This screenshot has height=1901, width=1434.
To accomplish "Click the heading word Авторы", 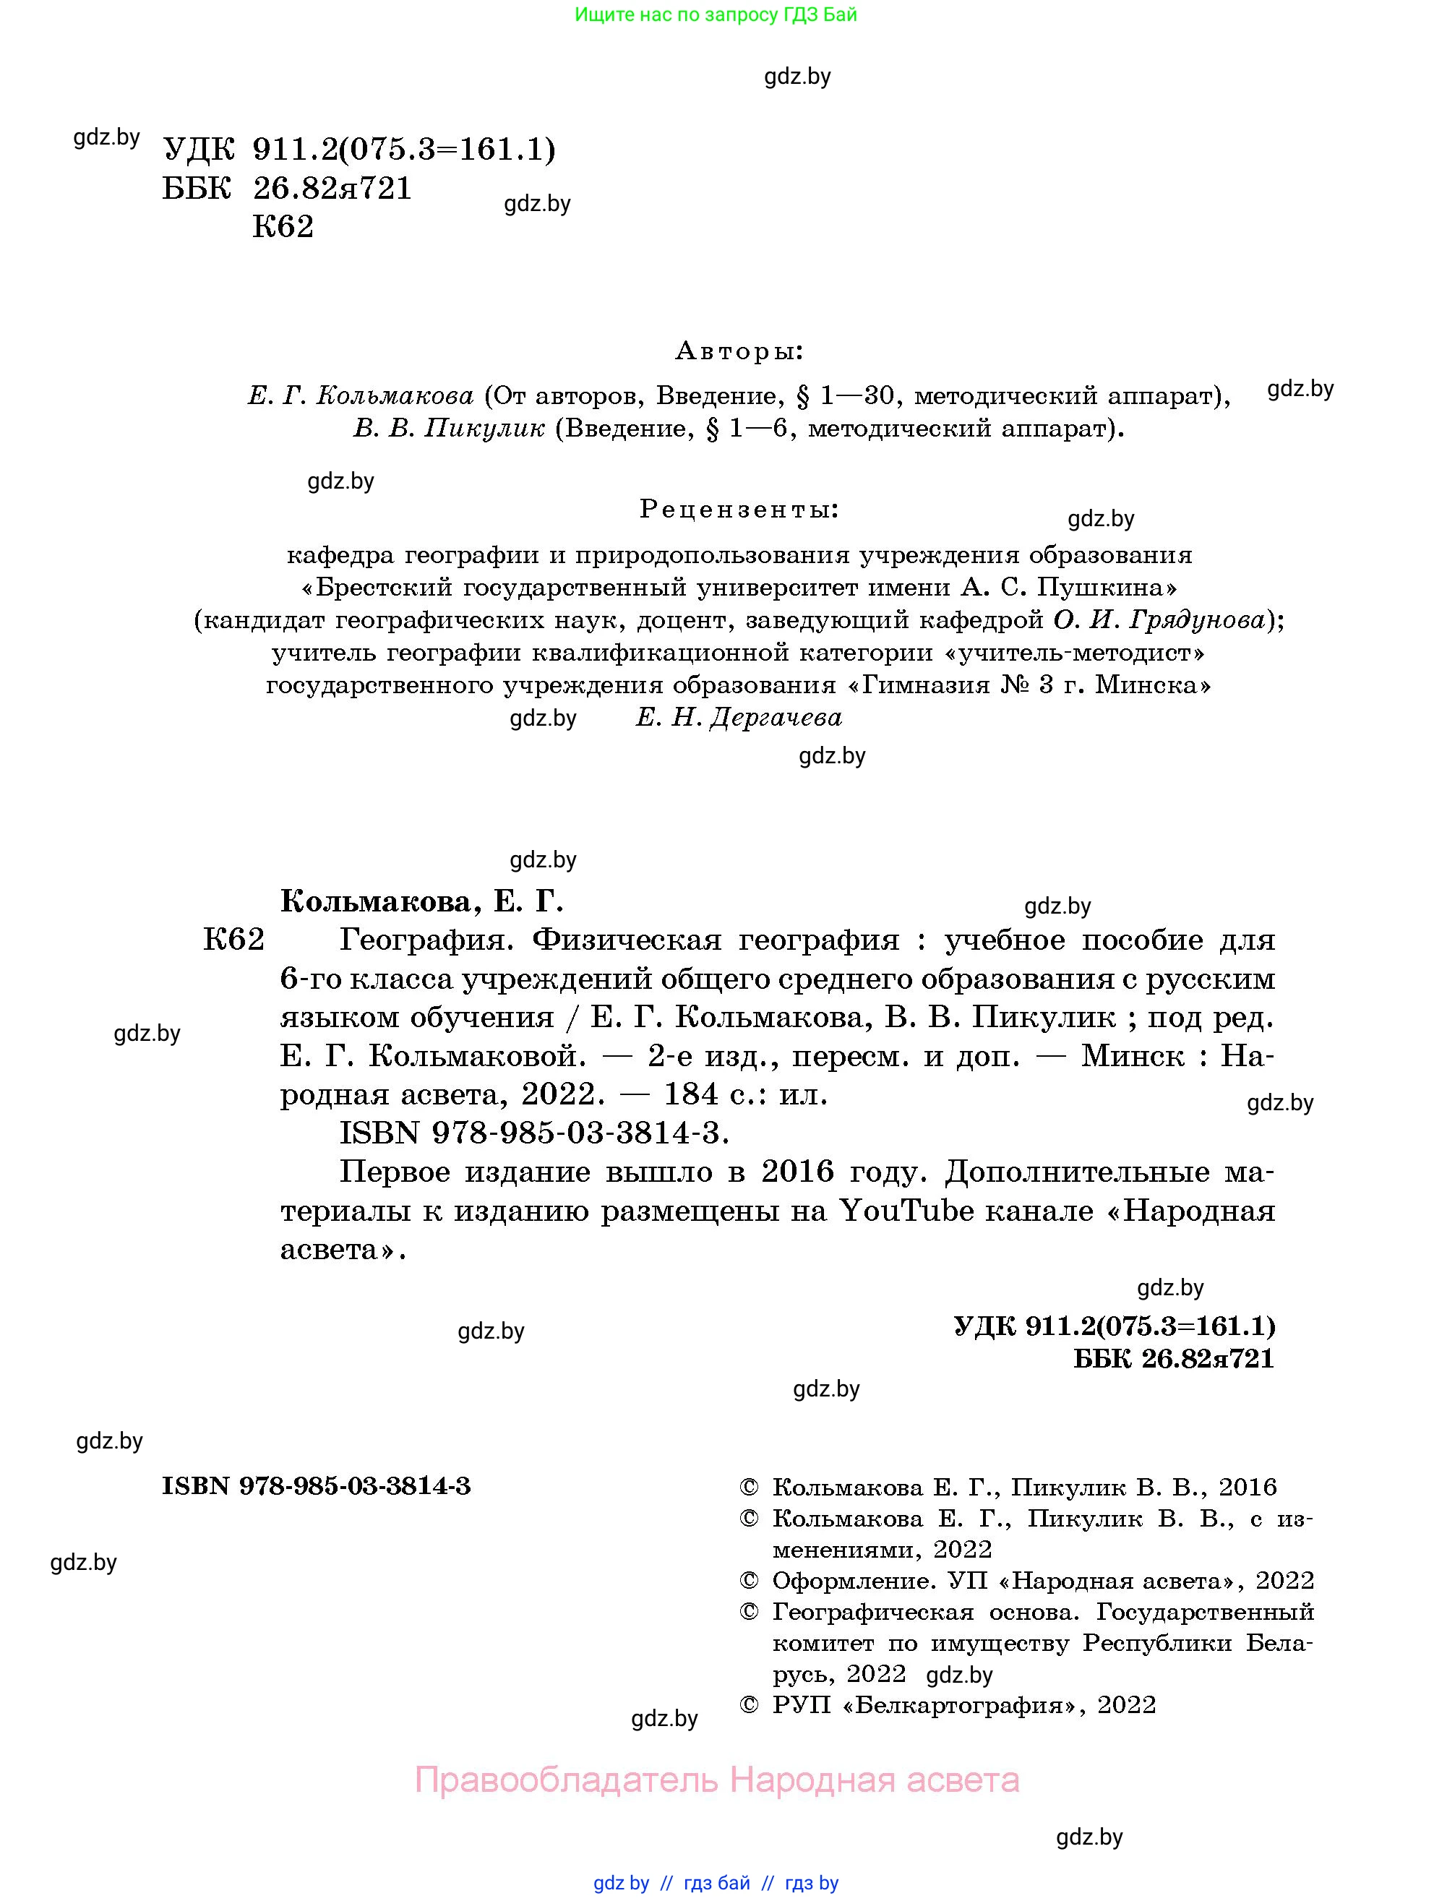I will pos(739,351).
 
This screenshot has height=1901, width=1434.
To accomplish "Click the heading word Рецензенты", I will pos(739,510).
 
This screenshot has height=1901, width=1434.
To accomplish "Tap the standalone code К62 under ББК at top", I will pos(283,227).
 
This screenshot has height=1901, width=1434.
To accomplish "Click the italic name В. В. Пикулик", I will pos(449,428).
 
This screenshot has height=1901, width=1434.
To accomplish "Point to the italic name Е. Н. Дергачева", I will pos(739,718).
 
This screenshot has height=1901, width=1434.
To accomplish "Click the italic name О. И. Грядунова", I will pos(1160,619).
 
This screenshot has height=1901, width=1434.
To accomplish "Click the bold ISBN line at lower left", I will pos(316,1486).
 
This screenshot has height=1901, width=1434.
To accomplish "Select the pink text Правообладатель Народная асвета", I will pos(716,1779).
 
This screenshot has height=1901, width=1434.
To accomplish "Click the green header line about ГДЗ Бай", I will pos(716,14).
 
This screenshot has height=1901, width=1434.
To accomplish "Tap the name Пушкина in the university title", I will pos(1107,588).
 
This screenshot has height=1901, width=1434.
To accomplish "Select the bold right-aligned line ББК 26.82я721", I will pos(1174,1358).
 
